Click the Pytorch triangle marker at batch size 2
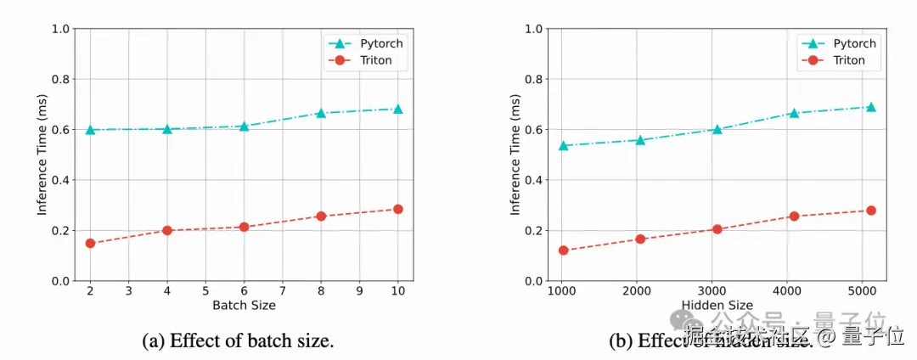click(x=90, y=129)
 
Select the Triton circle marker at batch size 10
click(x=397, y=209)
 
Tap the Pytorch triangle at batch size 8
click(x=321, y=112)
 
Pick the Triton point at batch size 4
click(x=167, y=230)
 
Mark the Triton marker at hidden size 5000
click(x=870, y=210)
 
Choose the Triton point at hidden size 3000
click(x=717, y=229)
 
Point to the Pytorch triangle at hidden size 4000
click(x=794, y=112)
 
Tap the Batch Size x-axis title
click(x=244, y=305)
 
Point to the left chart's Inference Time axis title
click(x=42, y=155)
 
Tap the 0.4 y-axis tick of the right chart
click(x=534, y=180)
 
